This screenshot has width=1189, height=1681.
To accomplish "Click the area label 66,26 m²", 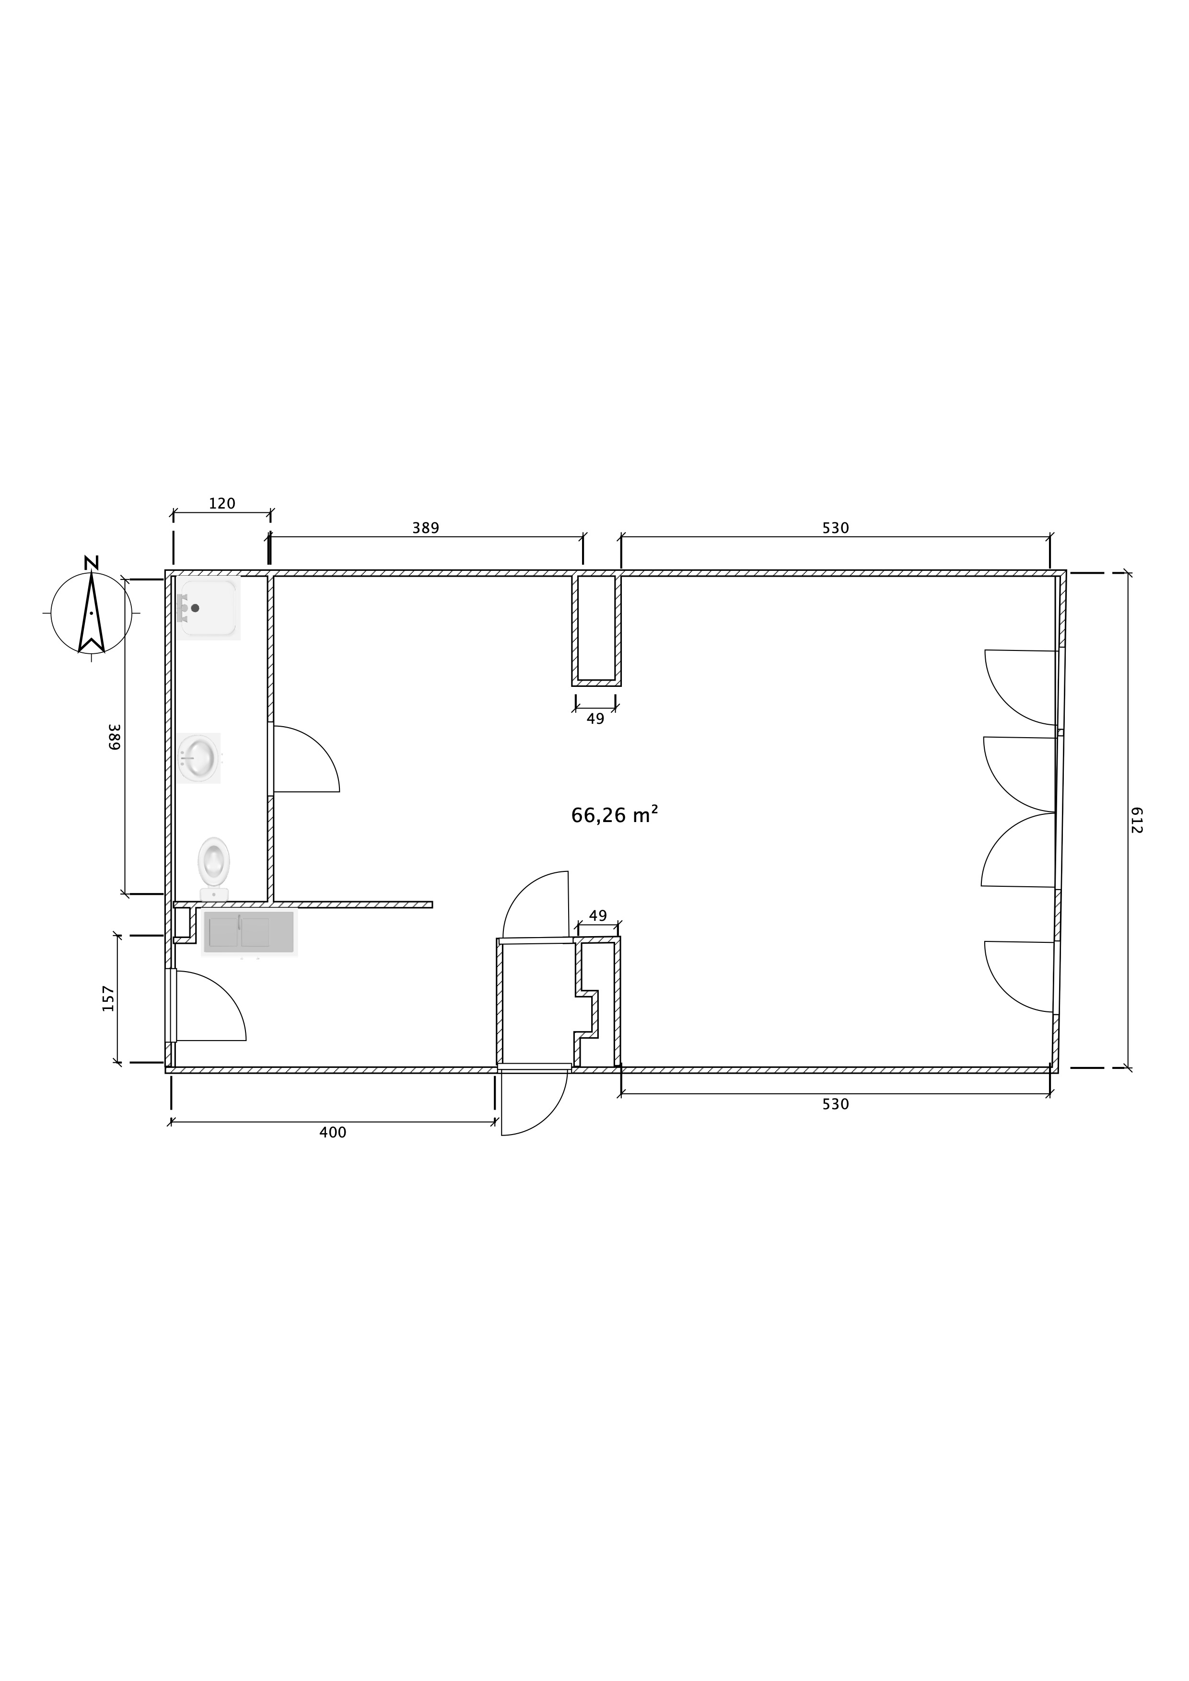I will [x=614, y=815].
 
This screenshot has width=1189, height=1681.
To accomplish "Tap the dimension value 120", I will [x=222, y=504].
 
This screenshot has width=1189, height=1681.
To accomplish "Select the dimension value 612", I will [x=1136, y=820].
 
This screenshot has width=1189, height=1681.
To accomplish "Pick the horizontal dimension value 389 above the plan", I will [x=425, y=528].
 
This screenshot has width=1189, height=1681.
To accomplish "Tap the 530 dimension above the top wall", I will [x=835, y=528].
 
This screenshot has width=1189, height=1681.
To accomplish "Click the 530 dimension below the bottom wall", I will [x=835, y=1104].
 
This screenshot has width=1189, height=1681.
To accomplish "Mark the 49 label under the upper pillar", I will [x=595, y=719].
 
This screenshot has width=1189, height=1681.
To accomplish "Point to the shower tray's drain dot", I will [x=195, y=608].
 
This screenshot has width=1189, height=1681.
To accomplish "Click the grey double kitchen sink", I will [x=248, y=932].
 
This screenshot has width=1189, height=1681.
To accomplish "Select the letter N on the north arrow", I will [x=91, y=562].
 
